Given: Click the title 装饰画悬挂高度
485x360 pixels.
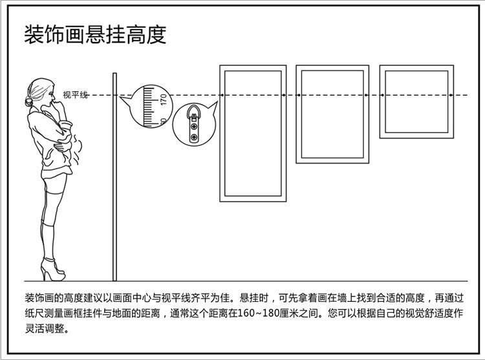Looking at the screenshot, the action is [95, 35].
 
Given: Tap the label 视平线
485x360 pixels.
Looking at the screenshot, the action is [76, 94].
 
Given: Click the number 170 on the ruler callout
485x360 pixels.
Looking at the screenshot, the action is [164, 99].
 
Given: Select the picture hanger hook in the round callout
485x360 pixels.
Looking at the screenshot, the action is [194, 123].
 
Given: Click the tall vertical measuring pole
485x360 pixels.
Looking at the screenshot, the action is [114, 176].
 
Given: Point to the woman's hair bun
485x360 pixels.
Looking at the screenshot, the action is [28, 101].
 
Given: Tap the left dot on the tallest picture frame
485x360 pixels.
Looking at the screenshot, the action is [222, 95].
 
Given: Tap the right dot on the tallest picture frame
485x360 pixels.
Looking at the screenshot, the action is [284, 95].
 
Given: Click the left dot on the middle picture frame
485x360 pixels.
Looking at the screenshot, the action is [299, 95].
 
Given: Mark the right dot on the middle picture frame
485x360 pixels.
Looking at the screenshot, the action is [366, 95].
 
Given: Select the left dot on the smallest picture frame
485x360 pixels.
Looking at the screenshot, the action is [383, 95].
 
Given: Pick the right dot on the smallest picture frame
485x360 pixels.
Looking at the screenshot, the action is [451, 95].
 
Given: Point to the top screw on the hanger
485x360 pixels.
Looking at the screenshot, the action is [194, 127].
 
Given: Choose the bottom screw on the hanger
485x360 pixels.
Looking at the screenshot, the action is [194, 137].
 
